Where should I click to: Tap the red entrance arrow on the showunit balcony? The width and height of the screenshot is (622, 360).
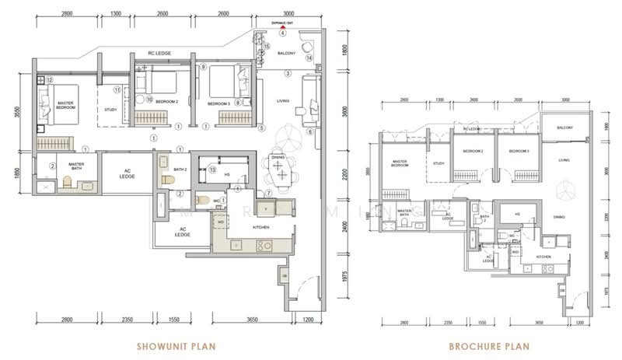click(x=283, y=26)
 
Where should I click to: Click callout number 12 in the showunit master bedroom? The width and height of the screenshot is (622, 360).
click(x=47, y=79)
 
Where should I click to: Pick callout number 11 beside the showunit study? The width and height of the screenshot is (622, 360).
click(x=117, y=89)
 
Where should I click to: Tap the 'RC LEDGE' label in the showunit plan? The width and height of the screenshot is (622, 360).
click(x=159, y=53)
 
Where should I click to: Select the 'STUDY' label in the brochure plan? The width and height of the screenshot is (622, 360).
click(x=439, y=163)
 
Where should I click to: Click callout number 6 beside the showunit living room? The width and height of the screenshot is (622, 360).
click(x=309, y=131)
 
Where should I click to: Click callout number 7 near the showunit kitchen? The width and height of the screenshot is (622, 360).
click(x=268, y=193)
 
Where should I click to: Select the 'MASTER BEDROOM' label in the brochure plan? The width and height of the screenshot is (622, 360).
click(x=400, y=164)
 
